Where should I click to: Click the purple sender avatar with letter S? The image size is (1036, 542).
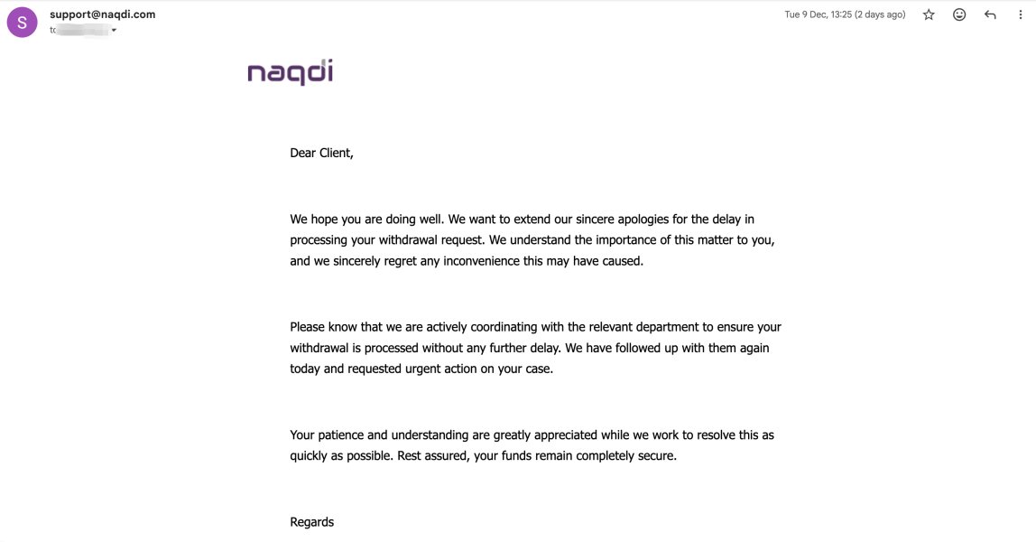point(22,22)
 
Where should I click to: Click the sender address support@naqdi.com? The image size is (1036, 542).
point(102,14)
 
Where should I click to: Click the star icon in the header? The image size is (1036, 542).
point(929,14)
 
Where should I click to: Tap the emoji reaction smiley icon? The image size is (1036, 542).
point(959,14)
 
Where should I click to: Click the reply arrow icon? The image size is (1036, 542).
point(990,14)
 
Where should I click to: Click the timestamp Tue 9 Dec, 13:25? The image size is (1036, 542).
point(845,14)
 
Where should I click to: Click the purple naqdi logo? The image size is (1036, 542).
point(290,72)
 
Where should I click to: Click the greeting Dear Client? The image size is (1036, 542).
point(321,153)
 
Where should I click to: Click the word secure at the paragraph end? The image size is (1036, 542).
point(654,456)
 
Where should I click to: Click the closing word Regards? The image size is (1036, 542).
point(311,521)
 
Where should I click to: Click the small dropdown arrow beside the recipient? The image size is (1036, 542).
point(114,31)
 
